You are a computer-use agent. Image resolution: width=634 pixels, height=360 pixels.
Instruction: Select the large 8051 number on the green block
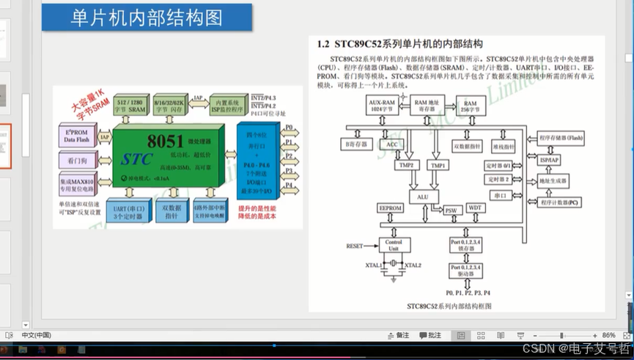(x=166, y=141)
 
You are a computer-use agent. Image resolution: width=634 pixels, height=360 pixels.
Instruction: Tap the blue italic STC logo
(x=138, y=158)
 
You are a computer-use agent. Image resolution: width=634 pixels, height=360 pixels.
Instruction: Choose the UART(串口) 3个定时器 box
(x=128, y=213)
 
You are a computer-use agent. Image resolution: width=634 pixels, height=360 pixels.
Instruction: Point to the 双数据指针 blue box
(x=172, y=213)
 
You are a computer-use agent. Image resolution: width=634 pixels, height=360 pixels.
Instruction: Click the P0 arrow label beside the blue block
(x=289, y=128)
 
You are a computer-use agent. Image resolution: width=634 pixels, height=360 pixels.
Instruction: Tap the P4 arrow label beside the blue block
(x=289, y=185)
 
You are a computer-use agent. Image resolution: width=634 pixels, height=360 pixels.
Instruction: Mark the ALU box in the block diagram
(x=423, y=196)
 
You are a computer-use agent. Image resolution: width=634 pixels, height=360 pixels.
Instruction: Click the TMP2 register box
(x=405, y=166)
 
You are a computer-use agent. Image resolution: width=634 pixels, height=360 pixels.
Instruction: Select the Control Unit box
(x=394, y=244)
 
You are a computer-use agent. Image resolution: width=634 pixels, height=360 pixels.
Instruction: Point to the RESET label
(x=355, y=246)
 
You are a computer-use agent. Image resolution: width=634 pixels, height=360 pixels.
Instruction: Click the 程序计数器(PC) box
(x=561, y=201)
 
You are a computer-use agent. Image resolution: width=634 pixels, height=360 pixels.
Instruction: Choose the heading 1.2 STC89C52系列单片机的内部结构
(x=399, y=45)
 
